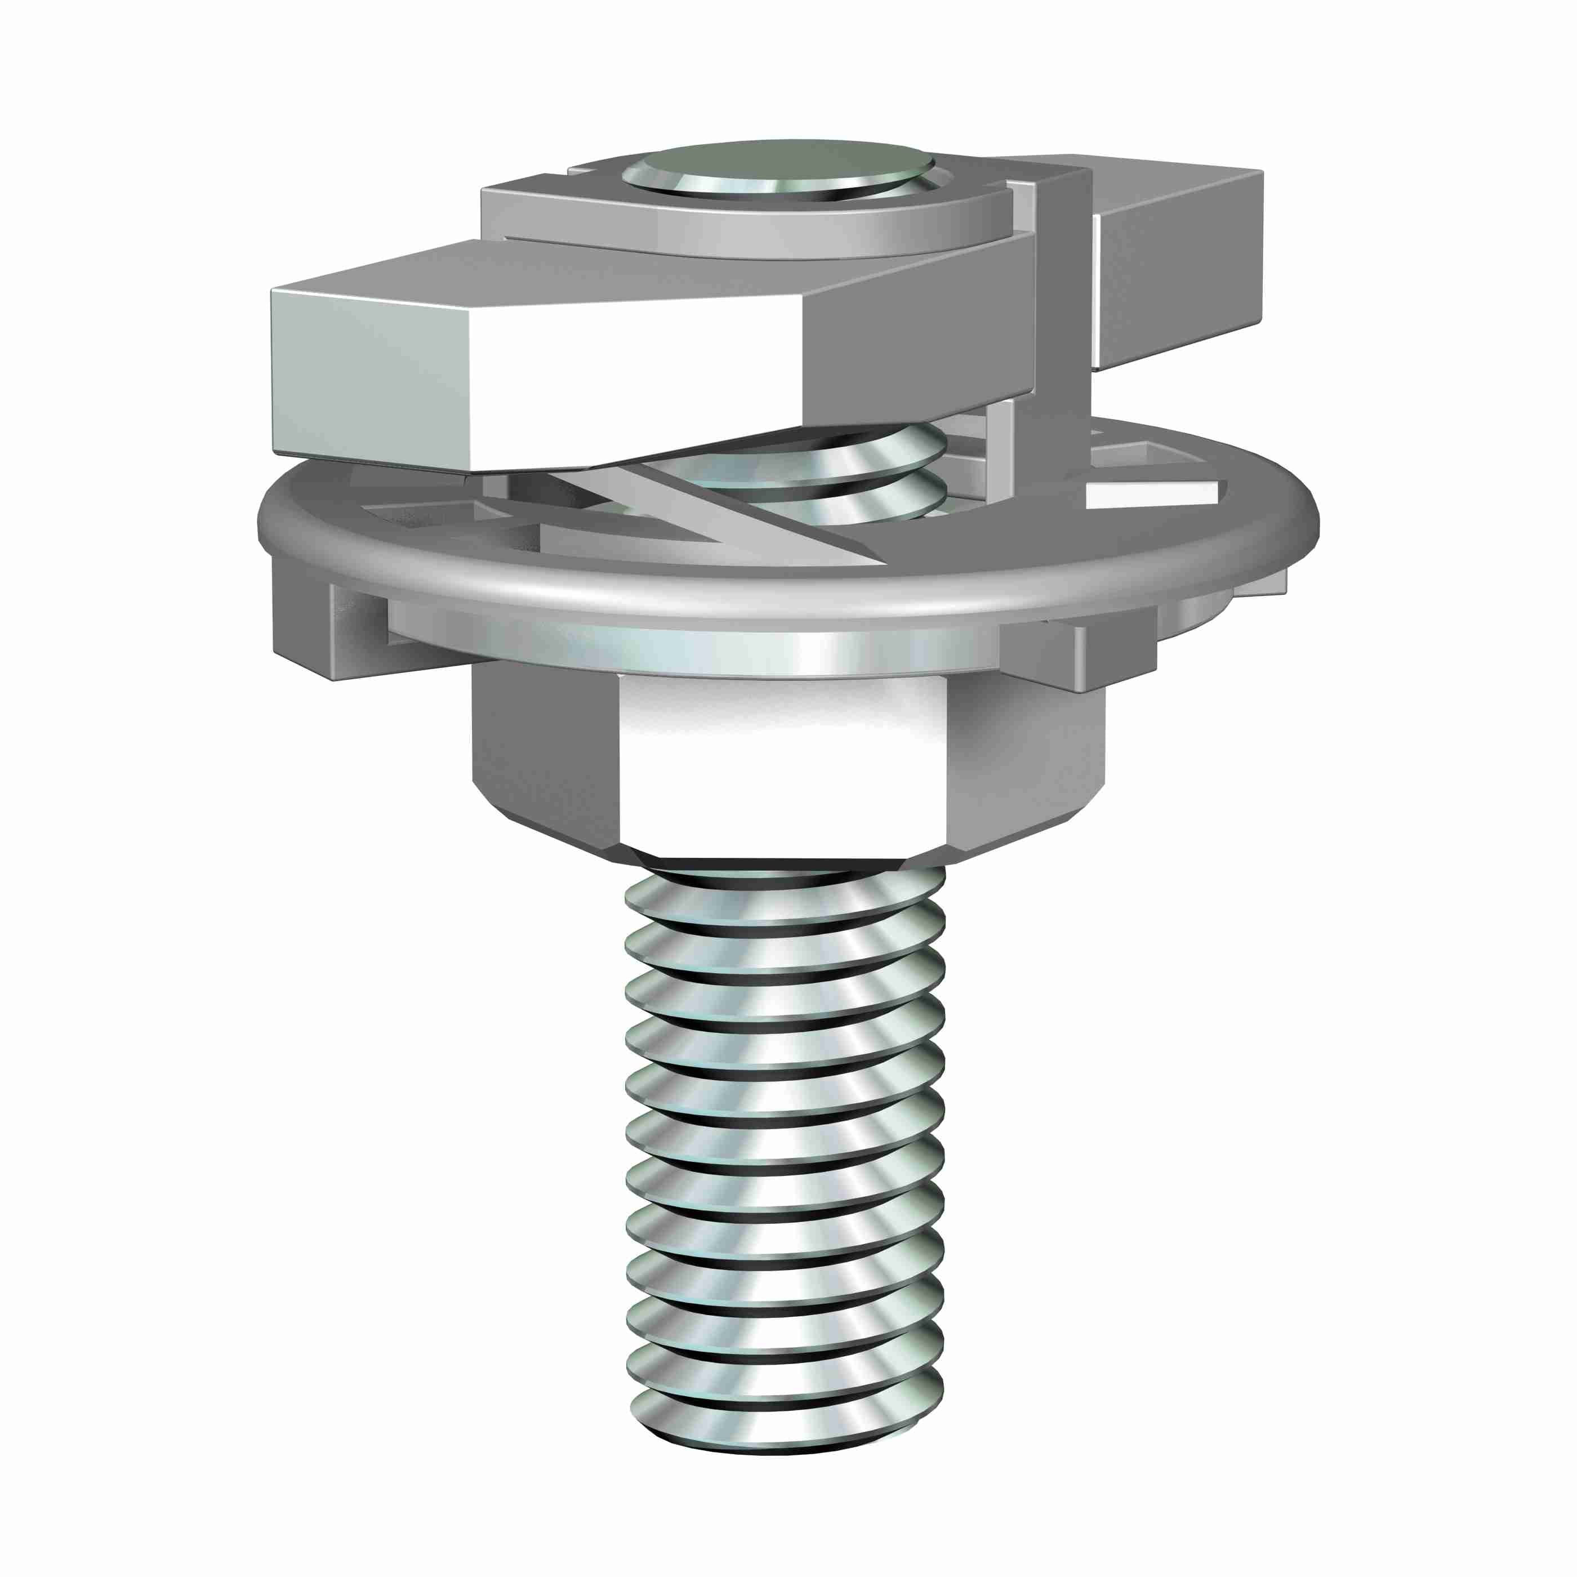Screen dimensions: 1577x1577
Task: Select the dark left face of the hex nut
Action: click(543, 747)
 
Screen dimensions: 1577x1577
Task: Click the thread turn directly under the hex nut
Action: click(783, 898)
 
